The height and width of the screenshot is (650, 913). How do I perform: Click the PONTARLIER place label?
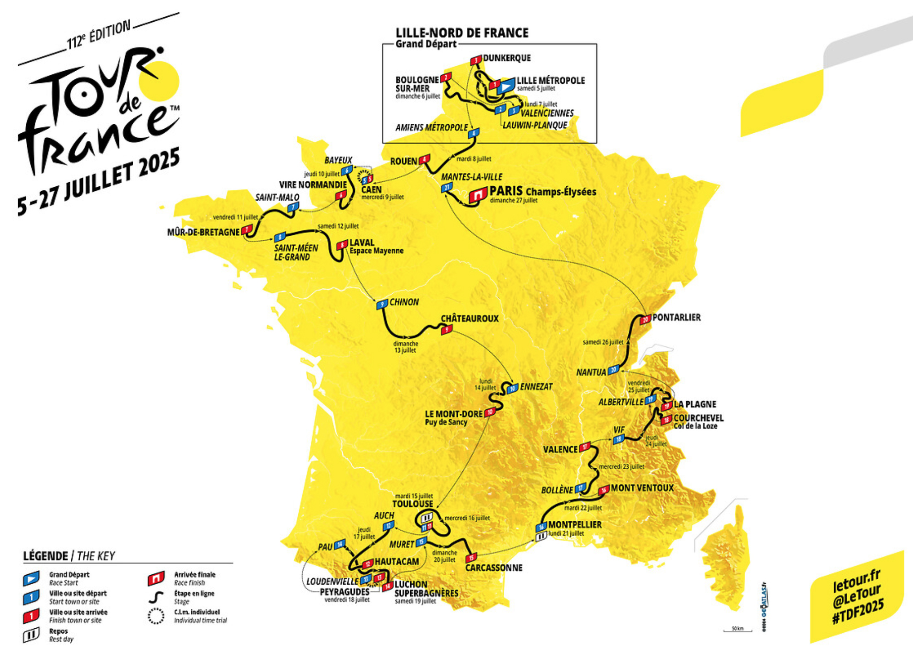click(676, 317)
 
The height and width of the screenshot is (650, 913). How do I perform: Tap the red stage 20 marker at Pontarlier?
click(646, 320)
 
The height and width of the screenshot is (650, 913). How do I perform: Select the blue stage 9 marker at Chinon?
click(382, 304)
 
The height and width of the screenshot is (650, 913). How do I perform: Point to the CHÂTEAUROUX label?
click(470, 319)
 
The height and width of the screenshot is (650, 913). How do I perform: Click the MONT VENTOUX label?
click(642, 488)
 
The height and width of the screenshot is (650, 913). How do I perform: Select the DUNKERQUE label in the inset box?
click(506, 58)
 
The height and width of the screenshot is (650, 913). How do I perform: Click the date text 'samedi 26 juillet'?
click(603, 342)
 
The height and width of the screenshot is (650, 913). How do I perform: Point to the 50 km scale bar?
click(738, 629)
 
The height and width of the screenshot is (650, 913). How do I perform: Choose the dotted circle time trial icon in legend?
click(156, 616)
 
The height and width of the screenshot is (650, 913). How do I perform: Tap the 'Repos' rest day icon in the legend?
click(31, 635)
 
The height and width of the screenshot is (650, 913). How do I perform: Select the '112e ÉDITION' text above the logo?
click(98, 34)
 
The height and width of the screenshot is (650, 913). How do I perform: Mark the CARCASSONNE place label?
click(494, 568)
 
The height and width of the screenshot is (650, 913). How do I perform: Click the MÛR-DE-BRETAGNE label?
click(203, 232)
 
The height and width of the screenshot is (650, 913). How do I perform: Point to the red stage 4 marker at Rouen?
click(424, 159)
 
